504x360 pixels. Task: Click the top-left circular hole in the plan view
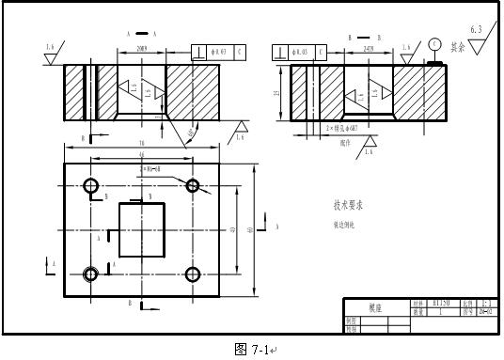pos(91,185)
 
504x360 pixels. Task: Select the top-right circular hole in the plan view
pos(194,185)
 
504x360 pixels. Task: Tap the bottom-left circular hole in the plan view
pos(91,274)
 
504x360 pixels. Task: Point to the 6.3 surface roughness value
pos(476,30)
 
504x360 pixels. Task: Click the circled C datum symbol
pos(433,44)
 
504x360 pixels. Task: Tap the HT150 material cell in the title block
pos(441,304)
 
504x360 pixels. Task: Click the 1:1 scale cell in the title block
pos(486,304)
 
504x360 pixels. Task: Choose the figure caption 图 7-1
pos(253,350)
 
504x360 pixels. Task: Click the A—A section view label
pos(141,33)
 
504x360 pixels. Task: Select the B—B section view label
pos(361,39)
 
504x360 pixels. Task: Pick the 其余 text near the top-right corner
pos(457,46)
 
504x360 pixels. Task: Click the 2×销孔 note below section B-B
pos(344,128)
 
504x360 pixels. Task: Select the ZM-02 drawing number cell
pos(486,312)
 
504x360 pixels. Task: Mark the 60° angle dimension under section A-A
pos(194,133)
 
